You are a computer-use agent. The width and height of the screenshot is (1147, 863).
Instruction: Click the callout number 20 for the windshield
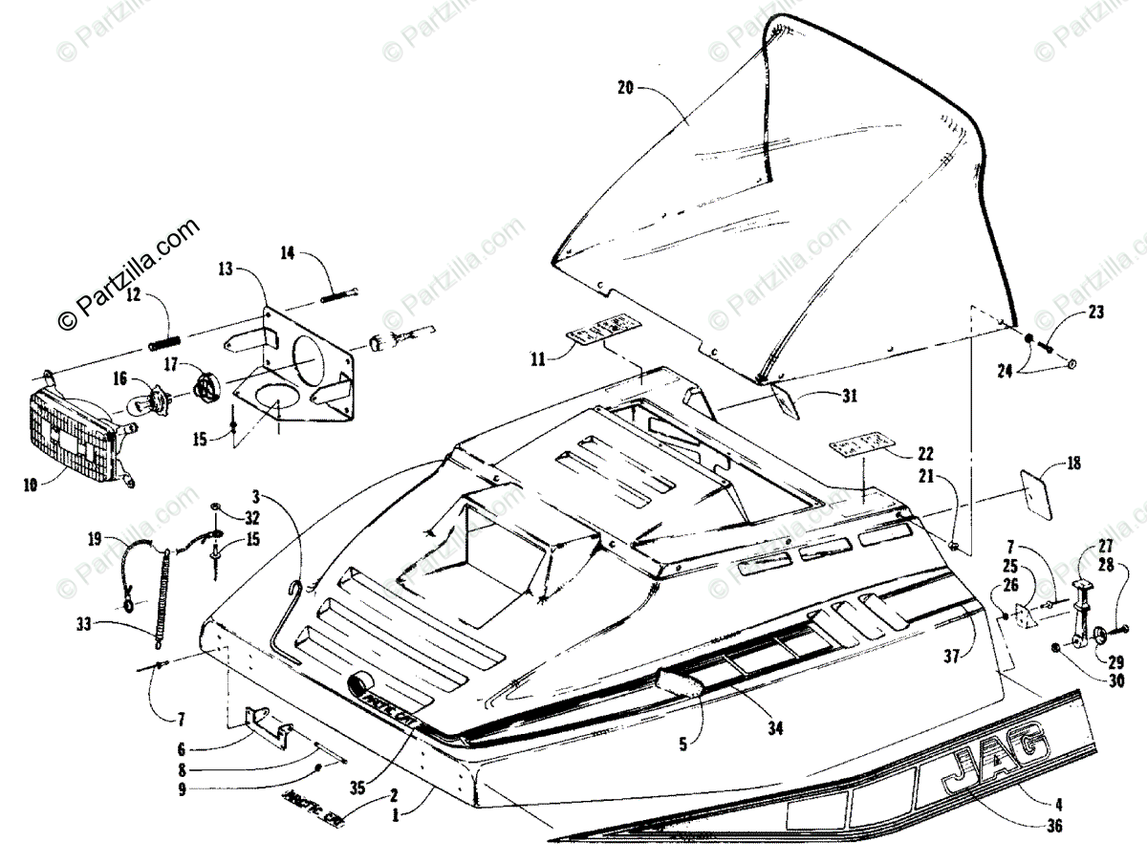pos(625,88)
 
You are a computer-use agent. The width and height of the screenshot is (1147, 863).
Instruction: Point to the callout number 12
pos(133,295)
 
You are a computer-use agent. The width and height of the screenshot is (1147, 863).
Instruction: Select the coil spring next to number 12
pos(163,338)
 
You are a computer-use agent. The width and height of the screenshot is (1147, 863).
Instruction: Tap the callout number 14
pos(288,252)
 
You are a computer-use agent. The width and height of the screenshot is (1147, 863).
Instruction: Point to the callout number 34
pos(774,728)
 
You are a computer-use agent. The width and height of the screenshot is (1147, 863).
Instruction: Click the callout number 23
pos(1095,312)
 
